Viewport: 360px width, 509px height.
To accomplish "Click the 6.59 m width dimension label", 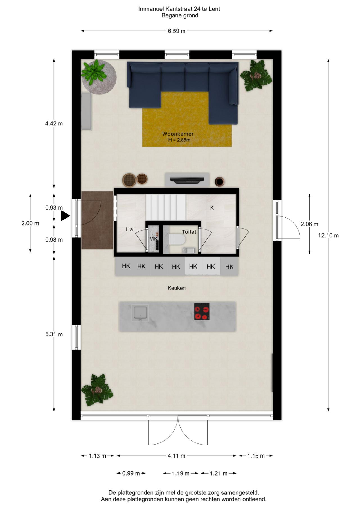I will pos(176,31).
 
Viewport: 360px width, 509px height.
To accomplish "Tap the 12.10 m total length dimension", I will pos(328,235).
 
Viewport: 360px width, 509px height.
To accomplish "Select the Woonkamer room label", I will pos(178,134).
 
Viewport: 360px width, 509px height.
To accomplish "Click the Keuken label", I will pos(176,288).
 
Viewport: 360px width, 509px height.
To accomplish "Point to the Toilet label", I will pos(189,232).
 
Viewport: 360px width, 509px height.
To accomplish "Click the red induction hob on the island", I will pos(202,311).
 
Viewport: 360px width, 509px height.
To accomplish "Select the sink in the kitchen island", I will pos(140,313).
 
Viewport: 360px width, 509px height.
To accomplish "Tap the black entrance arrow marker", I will pos(65,216).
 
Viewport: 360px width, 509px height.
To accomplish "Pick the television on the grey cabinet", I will pos(187,180).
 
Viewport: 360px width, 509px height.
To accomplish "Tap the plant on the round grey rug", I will pos(94,73).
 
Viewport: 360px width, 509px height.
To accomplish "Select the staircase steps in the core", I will pos(165,208).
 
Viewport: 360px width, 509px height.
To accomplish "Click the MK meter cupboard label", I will pos(153,239).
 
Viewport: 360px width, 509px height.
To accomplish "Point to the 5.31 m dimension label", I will pos(54,334).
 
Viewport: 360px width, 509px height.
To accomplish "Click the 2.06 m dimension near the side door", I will pos(309,224).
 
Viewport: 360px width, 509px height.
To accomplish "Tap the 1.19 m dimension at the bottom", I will pos(181,473).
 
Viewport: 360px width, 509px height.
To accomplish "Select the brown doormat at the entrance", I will pos(97,220).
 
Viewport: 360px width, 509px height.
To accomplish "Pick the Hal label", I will pos(130,229).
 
